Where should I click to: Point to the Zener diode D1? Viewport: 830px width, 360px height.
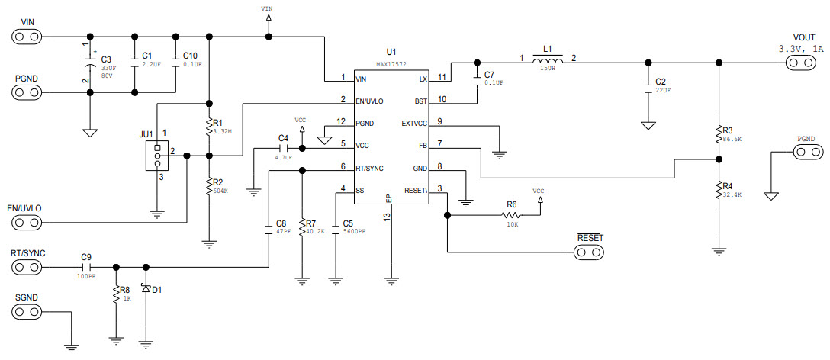(x=146, y=291)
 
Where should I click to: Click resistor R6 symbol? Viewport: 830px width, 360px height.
(x=512, y=215)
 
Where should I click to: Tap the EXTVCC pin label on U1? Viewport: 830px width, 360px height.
(x=414, y=123)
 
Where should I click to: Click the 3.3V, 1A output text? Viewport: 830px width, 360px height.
(x=800, y=49)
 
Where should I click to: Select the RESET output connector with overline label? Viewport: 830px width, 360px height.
(x=590, y=252)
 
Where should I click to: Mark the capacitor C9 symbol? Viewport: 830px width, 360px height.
(x=86, y=267)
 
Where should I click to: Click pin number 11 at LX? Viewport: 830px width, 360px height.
(x=442, y=78)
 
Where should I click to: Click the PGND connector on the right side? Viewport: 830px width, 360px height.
(x=803, y=152)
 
